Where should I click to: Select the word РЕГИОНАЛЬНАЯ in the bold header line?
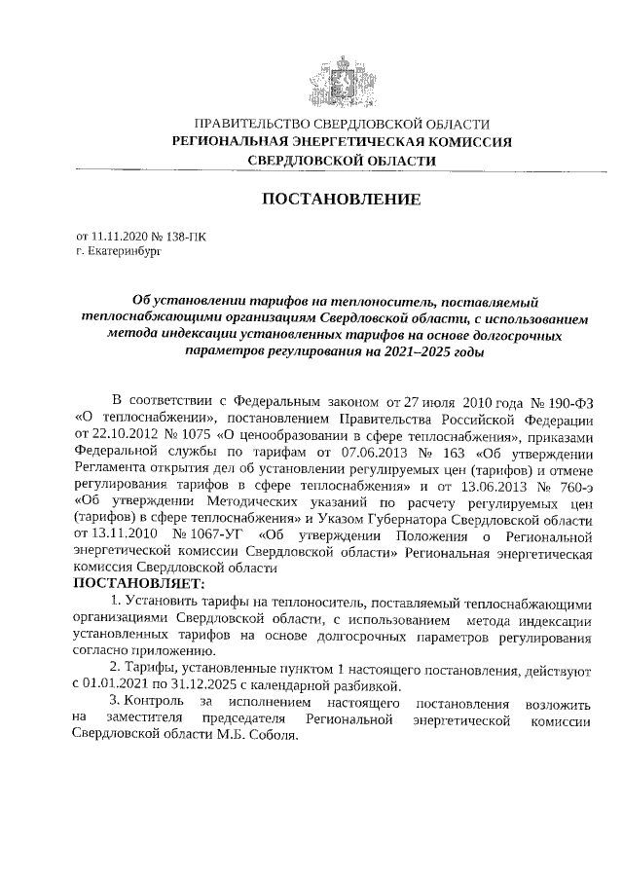231,142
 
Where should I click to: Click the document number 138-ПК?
186,237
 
